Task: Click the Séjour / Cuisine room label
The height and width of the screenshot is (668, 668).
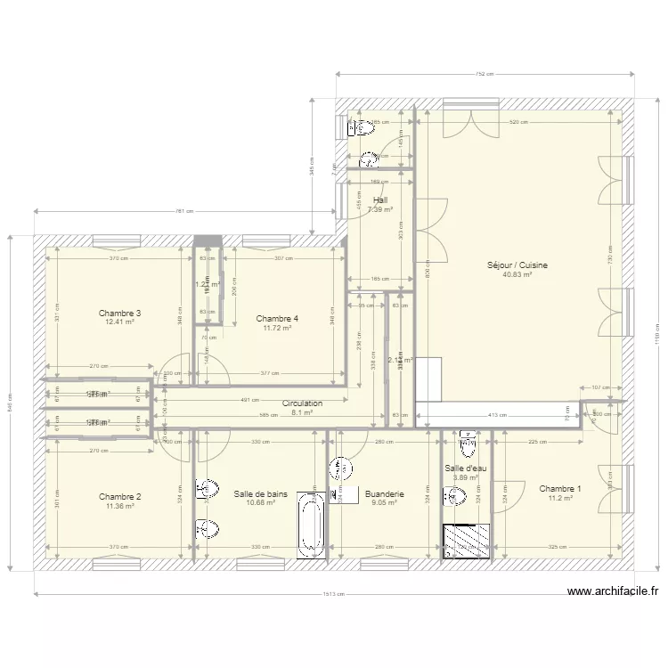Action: click(517, 265)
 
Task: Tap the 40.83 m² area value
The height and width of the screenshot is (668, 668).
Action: click(517, 275)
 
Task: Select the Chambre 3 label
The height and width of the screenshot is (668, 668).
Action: click(120, 313)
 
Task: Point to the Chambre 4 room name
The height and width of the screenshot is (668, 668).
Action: click(277, 318)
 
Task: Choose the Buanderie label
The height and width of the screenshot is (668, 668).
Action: click(385, 493)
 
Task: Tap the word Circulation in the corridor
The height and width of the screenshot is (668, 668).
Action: click(302, 403)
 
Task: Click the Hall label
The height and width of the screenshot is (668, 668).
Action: click(379, 200)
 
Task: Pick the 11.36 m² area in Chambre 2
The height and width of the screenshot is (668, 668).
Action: click(119, 506)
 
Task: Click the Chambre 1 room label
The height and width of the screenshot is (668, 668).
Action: click(560, 488)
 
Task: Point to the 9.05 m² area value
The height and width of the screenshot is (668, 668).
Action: click(383, 502)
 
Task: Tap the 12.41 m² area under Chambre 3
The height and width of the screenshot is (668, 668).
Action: click(119, 322)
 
